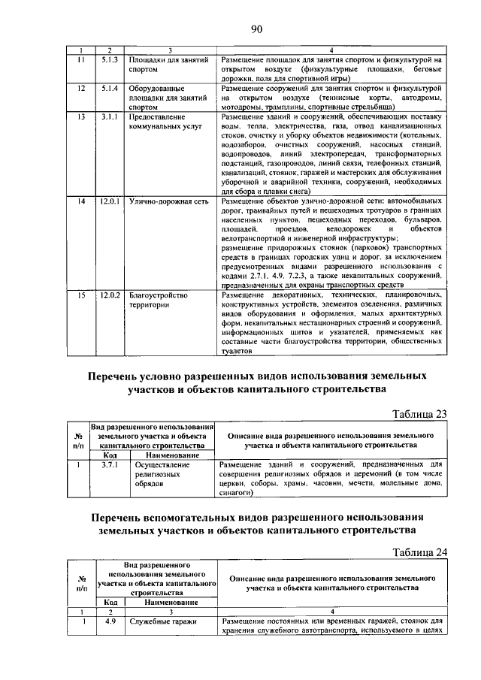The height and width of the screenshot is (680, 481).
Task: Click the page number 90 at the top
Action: click(x=256, y=29)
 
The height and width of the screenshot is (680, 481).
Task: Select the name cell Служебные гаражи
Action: click(x=162, y=622)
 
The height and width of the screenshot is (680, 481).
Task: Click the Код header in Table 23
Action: click(x=110, y=455)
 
